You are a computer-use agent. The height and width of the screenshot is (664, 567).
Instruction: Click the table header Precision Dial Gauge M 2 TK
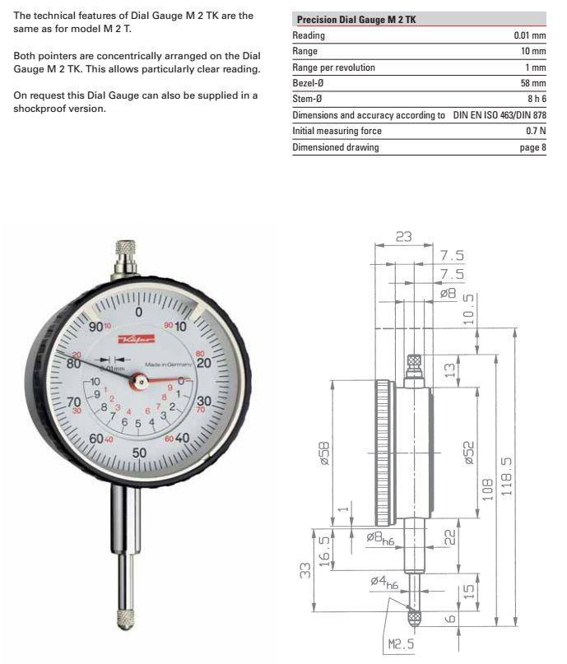tap(356, 20)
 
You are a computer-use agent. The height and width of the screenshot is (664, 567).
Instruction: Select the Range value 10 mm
tap(532, 51)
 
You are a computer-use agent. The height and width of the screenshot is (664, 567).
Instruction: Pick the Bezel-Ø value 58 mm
tap(532, 83)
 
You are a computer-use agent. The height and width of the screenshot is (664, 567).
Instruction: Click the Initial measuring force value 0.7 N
tap(536, 131)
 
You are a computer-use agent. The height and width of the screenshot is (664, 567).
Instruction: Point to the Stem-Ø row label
tap(309, 99)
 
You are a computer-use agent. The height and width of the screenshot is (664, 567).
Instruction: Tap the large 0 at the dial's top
tap(138, 312)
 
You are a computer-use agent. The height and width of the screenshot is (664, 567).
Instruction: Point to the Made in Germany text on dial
tap(170, 365)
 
